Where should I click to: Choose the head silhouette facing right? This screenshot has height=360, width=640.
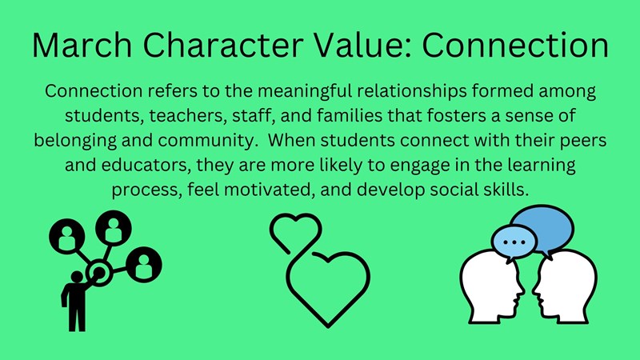[x=491, y=288]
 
